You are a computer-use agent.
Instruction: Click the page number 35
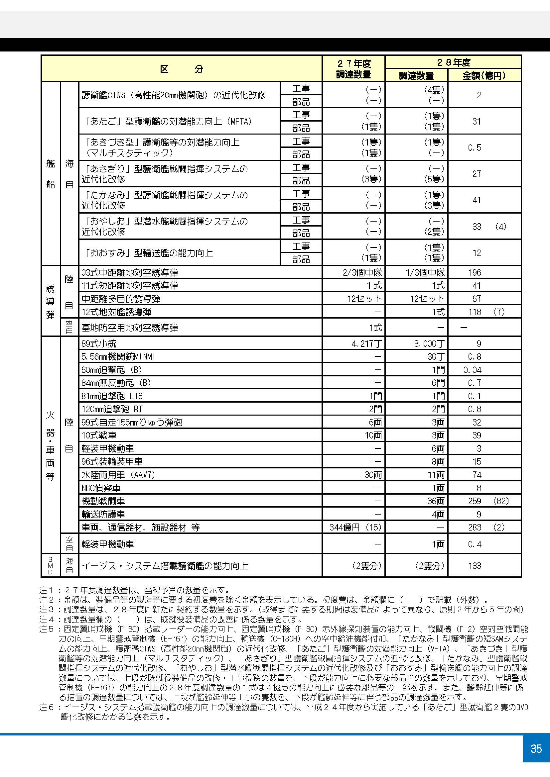click(536, 748)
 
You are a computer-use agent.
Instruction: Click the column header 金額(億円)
click(484, 75)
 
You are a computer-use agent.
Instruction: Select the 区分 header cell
click(182, 69)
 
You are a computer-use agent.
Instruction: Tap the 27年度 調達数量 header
click(353, 69)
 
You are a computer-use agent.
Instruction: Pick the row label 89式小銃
click(99, 344)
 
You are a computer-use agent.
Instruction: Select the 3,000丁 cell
click(429, 344)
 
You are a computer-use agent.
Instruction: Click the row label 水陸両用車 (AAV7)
click(118, 475)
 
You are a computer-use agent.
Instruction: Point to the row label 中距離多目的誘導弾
click(121, 299)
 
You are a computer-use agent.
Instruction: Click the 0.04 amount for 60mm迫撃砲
click(472, 370)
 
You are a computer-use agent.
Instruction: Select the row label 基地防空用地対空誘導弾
click(130, 328)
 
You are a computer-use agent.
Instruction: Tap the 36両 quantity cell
click(436, 501)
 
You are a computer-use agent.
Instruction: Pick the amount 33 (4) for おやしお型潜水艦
click(489, 227)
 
